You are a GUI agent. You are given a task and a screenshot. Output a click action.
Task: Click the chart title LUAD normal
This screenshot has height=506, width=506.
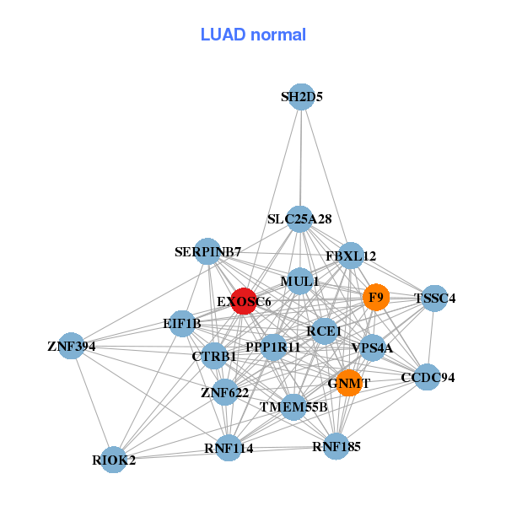pos(253,35)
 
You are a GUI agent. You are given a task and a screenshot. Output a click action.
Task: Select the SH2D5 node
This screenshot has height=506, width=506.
pos(302,97)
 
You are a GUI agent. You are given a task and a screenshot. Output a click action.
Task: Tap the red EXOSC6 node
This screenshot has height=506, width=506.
pos(244,301)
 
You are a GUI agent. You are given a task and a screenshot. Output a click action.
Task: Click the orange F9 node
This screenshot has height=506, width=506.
pos(376,297)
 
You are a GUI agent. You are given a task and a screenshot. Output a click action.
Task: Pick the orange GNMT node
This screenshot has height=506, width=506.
pos(349,383)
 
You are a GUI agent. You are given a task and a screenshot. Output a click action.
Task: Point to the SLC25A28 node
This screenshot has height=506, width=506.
pos(299,219)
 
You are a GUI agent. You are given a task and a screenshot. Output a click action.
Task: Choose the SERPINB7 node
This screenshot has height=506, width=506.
pos(207,251)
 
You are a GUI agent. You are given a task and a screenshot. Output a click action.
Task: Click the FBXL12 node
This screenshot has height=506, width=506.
pos(351,256)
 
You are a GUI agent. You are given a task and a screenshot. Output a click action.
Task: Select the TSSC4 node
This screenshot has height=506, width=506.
pos(434,298)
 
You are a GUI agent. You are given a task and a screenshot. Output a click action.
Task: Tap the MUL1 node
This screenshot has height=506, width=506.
pos(299,281)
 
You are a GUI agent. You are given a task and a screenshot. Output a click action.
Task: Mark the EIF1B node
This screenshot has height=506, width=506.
pos(182,323)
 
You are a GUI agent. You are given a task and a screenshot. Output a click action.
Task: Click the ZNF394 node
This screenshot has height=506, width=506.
pos(72,346)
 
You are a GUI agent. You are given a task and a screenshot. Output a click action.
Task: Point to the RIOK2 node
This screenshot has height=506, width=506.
pos(114,460)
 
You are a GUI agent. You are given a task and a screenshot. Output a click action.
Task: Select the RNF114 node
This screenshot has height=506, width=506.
pos(229,448)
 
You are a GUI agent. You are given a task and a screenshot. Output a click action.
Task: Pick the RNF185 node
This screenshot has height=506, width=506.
pos(336,446)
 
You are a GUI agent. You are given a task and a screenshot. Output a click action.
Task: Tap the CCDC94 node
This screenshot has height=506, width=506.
pos(428,377)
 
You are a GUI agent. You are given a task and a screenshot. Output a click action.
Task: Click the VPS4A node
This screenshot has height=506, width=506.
pos(372,347)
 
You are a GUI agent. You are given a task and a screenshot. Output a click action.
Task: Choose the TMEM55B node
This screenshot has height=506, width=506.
pos(293,407)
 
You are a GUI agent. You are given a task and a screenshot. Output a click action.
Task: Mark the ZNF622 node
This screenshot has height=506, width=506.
pos(224,392)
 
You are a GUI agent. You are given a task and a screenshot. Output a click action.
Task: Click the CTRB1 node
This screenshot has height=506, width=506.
pos(214,356)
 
